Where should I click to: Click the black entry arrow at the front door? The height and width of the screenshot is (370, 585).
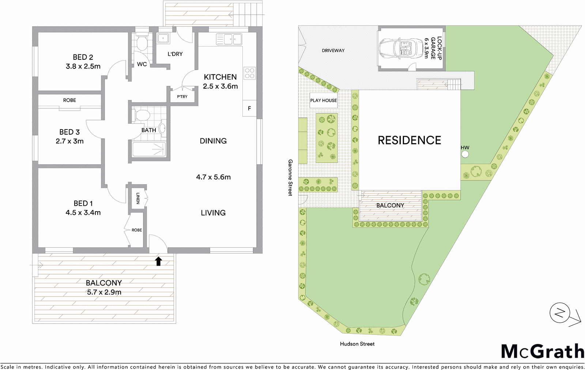coord(158,261)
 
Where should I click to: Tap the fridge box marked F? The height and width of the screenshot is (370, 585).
coord(249,108)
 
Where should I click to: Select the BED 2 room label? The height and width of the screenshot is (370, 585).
coord(83,57)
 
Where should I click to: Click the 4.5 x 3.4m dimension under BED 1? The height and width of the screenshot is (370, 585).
coord(83,213)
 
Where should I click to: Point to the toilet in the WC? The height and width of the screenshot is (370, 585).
coord(142,44)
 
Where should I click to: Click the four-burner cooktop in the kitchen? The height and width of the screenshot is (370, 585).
coord(249,73)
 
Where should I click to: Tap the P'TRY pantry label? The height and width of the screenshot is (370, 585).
coord(182,97)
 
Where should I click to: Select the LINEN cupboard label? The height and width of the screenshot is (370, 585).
coord(138,198)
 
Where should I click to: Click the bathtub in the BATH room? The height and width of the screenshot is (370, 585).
coord(148,150)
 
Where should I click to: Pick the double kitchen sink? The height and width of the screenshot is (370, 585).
coord(229,38)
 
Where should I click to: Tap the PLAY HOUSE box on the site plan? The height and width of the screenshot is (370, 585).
coord(324,100)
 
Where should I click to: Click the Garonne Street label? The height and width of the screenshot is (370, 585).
coord(290,177)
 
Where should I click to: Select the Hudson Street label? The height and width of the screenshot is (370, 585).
coord(357,344)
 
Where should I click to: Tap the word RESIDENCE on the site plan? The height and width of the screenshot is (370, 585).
coord(409,140)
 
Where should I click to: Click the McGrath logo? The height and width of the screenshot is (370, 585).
coord(542,351)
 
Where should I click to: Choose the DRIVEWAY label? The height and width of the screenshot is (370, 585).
coord(333,51)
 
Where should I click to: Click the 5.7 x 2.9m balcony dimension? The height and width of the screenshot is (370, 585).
coord(103,292)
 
